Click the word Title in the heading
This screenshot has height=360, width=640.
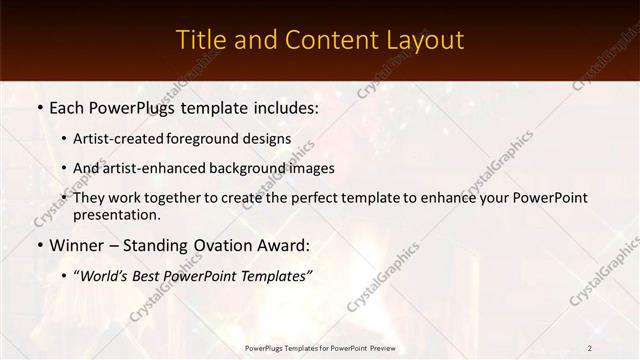pos(198,40)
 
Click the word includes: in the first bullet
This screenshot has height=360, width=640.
pos(281,106)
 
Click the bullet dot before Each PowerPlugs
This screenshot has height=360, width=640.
pos(39,107)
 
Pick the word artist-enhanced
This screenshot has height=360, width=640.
pos(149,169)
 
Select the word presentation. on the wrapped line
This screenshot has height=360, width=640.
pos(116,215)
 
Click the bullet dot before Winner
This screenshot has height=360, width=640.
pos(39,246)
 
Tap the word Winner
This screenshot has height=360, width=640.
pos(76,245)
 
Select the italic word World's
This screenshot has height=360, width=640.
pos(107,276)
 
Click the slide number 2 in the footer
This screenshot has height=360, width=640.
pos(590,348)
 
